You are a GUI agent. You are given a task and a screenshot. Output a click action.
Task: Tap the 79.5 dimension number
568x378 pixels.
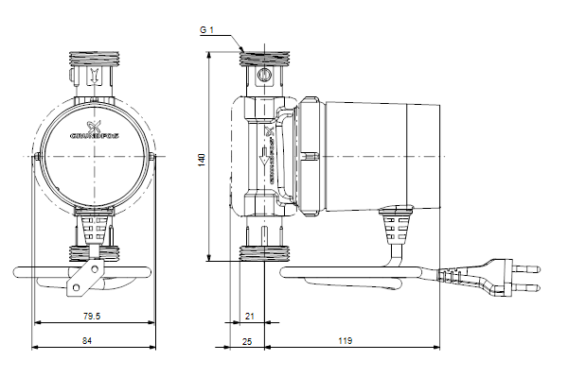click(x=92, y=317)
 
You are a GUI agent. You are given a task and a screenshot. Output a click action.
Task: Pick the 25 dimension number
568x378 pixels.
click(x=248, y=340)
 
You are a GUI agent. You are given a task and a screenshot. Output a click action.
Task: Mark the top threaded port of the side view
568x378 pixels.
click(x=264, y=58)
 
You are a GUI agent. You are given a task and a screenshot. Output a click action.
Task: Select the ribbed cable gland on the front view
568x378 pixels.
click(x=93, y=227)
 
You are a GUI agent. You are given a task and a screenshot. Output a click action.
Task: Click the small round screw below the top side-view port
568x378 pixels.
click(x=264, y=72)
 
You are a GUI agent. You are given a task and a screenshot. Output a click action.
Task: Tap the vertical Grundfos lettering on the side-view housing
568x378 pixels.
click(x=272, y=156)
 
